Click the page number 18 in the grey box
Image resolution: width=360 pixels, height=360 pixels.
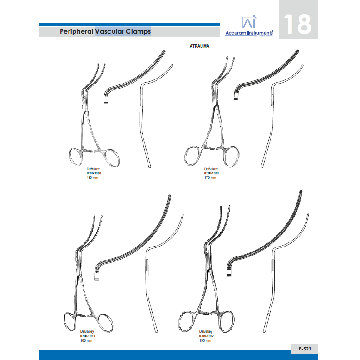click(298, 25)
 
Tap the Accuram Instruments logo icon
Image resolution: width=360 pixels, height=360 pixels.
click(248, 23)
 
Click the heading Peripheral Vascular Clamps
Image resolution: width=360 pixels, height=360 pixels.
click(105, 32)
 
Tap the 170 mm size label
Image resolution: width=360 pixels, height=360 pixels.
click(210, 178)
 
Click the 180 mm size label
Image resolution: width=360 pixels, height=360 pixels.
click(86, 341)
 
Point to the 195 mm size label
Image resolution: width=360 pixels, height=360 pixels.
click(205, 341)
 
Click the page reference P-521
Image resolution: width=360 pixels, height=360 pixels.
click(305, 349)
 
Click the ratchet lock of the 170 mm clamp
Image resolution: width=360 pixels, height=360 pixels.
click(211, 149)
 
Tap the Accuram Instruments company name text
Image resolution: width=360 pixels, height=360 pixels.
click(249, 33)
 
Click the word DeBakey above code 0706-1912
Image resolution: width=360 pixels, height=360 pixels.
click(205, 332)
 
